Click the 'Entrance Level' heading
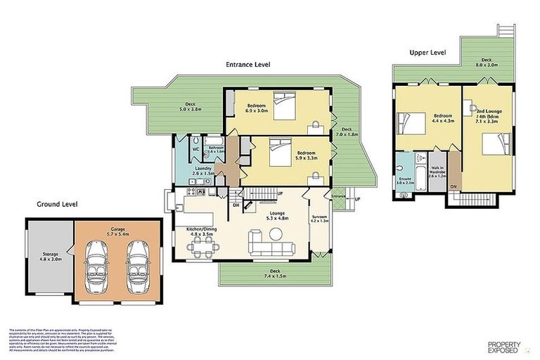click(x=247, y=65)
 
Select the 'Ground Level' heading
click(x=57, y=205)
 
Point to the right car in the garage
click(x=137, y=263)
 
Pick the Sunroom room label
click(x=319, y=220)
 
